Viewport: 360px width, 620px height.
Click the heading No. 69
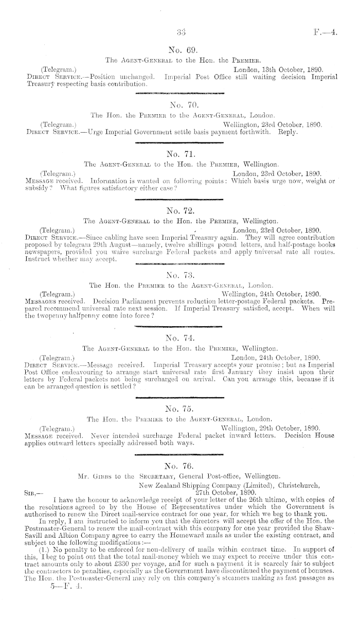179,50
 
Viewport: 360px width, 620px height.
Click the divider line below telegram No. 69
179,93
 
